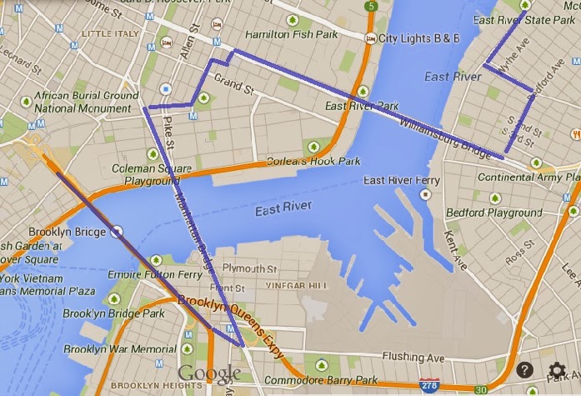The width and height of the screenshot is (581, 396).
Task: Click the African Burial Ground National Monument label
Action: (x=87, y=102)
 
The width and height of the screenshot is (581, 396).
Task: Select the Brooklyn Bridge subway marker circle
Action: (x=118, y=232)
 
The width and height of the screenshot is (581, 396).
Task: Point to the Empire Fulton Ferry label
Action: (x=155, y=274)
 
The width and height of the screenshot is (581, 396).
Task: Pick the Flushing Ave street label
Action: (x=414, y=358)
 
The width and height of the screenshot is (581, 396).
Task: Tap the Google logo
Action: (x=209, y=372)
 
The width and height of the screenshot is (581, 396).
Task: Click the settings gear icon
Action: (x=557, y=371)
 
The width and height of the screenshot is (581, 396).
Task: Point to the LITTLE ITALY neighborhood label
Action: (x=110, y=34)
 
